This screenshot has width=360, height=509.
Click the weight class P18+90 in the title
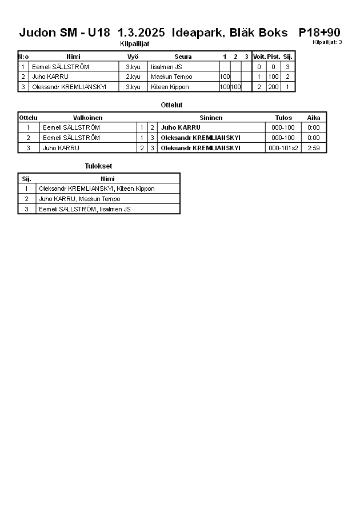pos(319,33)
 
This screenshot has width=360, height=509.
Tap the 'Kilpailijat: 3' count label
pos(327,42)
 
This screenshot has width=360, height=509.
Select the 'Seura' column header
pos(183,57)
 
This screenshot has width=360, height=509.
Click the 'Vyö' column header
pos(133,57)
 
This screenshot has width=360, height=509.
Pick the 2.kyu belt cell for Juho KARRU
pos(133,77)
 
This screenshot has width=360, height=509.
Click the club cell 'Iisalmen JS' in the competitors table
pos(166,67)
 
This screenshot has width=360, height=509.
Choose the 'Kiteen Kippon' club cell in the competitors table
pos(170,87)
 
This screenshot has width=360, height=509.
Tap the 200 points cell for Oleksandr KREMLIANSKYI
pos(273,87)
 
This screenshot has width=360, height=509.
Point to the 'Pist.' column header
pos(273,57)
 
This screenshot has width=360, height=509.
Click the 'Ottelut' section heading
pos(171,105)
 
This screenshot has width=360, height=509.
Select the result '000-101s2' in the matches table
pos(283,148)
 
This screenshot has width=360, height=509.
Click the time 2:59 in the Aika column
pos(313,148)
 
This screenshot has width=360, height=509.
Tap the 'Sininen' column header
pos(211,118)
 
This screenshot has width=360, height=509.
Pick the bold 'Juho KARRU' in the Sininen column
pos(181,127)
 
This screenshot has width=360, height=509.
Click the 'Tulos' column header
pos(283,118)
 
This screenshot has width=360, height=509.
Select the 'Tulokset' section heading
pos(98,166)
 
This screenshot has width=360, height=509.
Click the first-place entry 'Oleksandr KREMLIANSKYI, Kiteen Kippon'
pos(97,189)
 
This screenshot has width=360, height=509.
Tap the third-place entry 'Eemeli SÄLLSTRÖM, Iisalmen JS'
pos(85,209)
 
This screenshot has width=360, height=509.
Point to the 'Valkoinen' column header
pos(87,118)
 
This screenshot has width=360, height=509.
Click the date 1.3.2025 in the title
pos(145,33)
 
